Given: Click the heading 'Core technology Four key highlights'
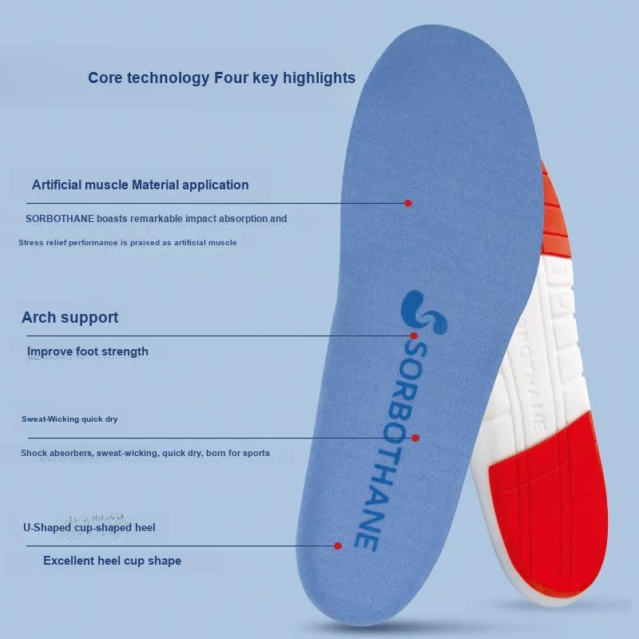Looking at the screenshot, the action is [x=222, y=77].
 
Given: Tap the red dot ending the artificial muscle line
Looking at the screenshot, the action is [x=408, y=203].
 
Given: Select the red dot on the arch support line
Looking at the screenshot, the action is [x=414, y=335].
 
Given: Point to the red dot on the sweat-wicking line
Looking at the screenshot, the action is [x=415, y=438].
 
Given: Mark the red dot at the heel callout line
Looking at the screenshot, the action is [x=338, y=546].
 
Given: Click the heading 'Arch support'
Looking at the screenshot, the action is [x=69, y=317].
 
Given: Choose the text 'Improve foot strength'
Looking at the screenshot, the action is [x=88, y=351].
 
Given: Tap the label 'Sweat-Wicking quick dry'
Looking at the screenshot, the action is [x=69, y=419].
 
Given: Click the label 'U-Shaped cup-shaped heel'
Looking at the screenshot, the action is [x=89, y=528].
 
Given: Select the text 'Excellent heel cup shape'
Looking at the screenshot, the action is [x=112, y=561].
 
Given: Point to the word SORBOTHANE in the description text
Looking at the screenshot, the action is [x=60, y=219].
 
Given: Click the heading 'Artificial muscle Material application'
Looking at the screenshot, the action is [x=141, y=185].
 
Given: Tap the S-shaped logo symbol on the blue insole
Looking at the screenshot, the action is [x=423, y=312].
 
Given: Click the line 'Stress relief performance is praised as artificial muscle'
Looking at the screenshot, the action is [x=128, y=243].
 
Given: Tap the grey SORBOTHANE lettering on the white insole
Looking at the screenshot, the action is [x=530, y=375].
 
